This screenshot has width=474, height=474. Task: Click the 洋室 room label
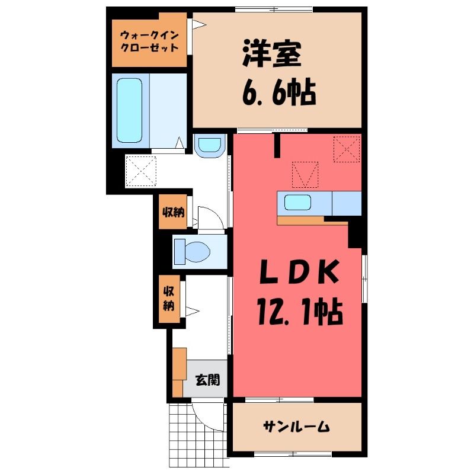pyautogui.click(x=272, y=54)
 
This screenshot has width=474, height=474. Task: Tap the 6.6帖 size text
pyautogui.click(x=278, y=92)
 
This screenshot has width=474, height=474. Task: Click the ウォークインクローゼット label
pyautogui.click(x=149, y=41)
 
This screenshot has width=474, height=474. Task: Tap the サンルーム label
pyautogui.click(x=296, y=427)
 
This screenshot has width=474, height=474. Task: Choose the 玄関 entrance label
pyautogui.click(x=207, y=380)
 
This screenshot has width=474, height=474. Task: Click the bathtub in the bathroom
pyautogui.click(x=129, y=110)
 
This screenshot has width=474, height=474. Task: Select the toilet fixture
pyautogui.click(x=192, y=251)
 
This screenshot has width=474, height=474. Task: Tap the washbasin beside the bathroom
pyautogui.click(x=210, y=145)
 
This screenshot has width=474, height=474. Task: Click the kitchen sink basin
pyautogui.click(x=298, y=202)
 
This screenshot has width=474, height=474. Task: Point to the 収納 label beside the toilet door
pyautogui.click(x=173, y=213)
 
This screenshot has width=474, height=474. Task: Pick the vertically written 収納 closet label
pyautogui.click(x=169, y=299)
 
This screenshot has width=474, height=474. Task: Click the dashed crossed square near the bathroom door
pyautogui.click(x=141, y=171)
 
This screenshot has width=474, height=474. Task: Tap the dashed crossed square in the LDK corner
pyautogui.click(x=347, y=149)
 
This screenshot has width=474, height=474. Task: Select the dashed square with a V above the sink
pyautogui.click(x=305, y=175)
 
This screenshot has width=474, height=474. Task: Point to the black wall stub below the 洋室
pyautogui.click(x=277, y=146)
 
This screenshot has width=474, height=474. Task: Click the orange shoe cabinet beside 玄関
pyautogui.click(x=180, y=372)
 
